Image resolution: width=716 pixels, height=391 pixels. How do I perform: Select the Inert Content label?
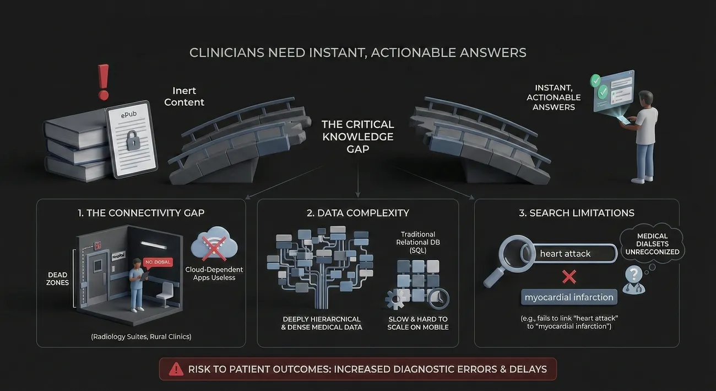point(184,97)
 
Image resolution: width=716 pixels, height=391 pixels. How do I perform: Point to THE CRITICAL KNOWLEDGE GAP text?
point(358,136)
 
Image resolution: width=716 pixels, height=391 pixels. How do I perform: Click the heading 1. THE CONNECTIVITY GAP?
point(142,213)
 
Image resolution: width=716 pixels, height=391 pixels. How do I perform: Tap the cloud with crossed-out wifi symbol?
point(214,244)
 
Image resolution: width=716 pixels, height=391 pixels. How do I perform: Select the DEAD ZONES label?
point(58,278)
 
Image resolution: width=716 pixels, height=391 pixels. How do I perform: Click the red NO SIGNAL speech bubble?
point(158,263)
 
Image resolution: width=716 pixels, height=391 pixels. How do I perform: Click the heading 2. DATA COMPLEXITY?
point(357,213)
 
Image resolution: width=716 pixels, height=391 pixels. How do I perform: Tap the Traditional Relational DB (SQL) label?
point(418,243)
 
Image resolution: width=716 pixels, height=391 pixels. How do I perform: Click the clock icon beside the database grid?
point(438,299)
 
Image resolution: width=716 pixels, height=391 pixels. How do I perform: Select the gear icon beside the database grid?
point(395,299)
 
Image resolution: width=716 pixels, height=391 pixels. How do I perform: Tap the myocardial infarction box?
point(569,297)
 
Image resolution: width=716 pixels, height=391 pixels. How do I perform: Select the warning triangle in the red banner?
point(176,369)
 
